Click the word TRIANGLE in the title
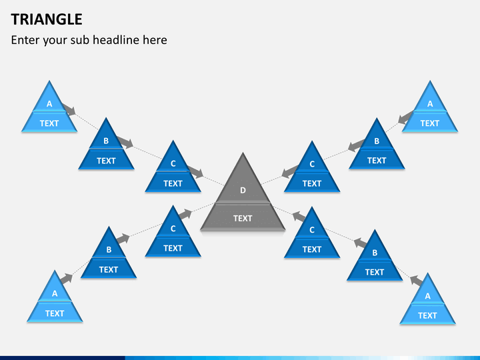[47, 19]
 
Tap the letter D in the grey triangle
[243, 191]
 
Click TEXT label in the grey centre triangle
[243, 218]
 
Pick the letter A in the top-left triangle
[49, 104]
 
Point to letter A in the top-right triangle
[430, 104]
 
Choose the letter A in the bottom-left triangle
[55, 293]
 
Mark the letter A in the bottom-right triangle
[427, 296]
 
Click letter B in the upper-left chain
[106, 141]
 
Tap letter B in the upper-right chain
[377, 141]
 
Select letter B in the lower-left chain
[109, 250]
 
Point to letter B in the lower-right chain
[375, 253]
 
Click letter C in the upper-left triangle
[173, 164]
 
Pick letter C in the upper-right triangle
[312, 164]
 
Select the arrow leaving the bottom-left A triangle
[65, 278]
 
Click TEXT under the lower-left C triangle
[173, 248]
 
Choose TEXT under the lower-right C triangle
[312, 249]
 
